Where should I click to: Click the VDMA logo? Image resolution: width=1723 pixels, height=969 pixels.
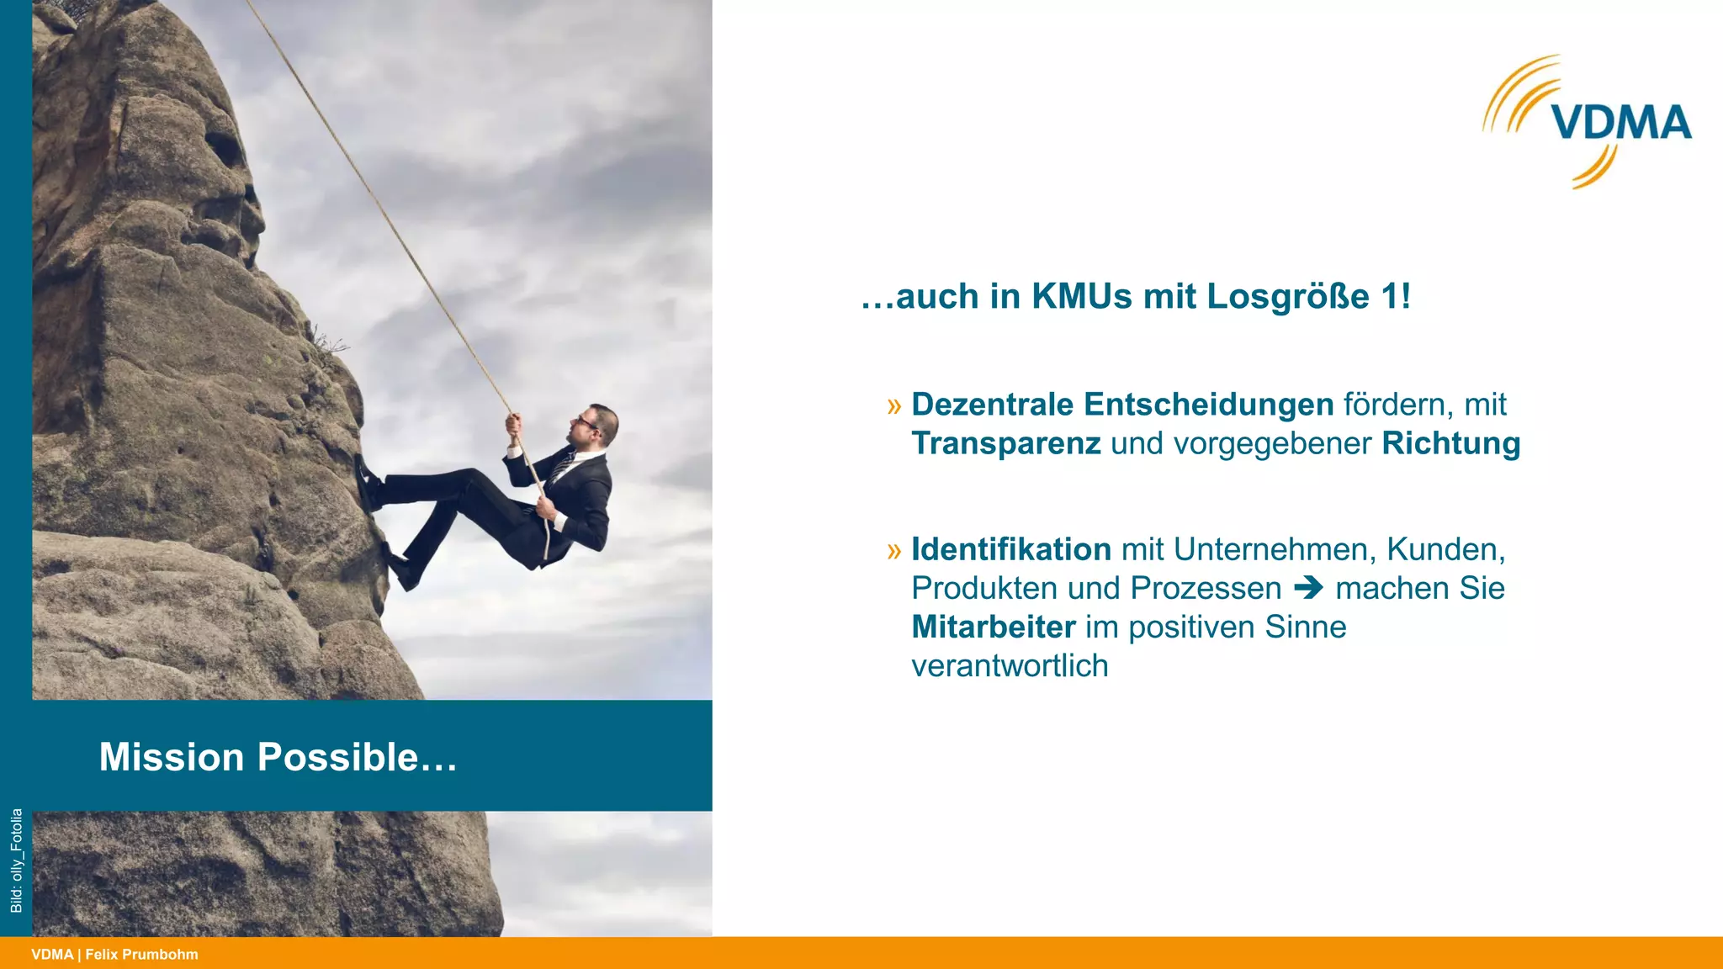click(x=1588, y=122)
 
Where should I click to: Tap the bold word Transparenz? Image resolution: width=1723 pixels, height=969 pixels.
click(x=1005, y=443)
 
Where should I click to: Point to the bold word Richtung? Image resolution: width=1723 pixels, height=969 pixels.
click(x=1450, y=443)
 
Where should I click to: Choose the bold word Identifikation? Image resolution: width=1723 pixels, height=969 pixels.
click(x=1011, y=549)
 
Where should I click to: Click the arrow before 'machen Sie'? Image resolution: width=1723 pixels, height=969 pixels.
click(x=1308, y=588)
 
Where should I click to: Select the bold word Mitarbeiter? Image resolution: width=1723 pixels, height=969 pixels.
click(x=994, y=627)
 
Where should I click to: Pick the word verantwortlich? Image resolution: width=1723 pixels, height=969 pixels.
click(x=1010, y=665)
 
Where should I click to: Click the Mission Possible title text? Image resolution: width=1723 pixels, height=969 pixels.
click(x=278, y=756)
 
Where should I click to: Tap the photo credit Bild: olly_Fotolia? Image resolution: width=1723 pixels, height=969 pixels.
click(x=16, y=860)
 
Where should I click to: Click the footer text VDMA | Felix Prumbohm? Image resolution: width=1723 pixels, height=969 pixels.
click(x=114, y=955)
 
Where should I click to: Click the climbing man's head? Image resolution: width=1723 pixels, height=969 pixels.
click(x=598, y=424)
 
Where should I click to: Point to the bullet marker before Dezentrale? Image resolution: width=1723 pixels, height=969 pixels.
click(x=893, y=406)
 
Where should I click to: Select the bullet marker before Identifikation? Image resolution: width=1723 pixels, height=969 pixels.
click(x=893, y=551)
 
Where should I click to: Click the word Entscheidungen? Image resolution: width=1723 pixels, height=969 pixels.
click(x=1208, y=405)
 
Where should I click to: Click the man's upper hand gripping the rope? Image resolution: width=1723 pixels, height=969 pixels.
click(x=512, y=424)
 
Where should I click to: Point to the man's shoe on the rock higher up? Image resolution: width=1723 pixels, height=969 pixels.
click(x=367, y=482)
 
